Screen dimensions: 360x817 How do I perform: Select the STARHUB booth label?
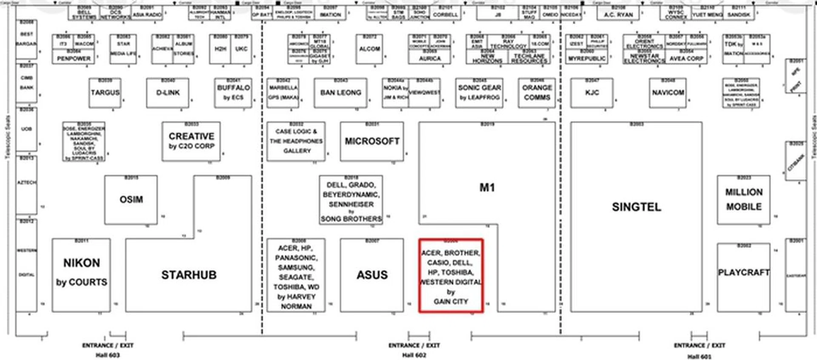point(189,275)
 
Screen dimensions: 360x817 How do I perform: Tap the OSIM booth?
point(131,199)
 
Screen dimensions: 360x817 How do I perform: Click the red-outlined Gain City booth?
point(451,276)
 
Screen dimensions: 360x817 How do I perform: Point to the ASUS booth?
point(372,275)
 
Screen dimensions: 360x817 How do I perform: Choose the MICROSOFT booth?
point(372,141)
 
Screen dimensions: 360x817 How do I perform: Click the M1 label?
point(487,188)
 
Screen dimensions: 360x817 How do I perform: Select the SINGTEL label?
point(636,207)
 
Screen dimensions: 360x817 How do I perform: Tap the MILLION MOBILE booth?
point(743,200)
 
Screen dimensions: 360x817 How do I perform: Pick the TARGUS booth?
point(105,93)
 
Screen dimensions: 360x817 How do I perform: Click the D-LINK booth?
point(168,93)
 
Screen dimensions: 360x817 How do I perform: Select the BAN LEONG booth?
point(340,93)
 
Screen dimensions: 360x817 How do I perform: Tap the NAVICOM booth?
point(668,93)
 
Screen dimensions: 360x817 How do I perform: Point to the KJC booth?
point(591,93)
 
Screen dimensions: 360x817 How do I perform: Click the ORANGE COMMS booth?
point(537,93)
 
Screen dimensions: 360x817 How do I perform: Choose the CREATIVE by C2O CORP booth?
point(191,141)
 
